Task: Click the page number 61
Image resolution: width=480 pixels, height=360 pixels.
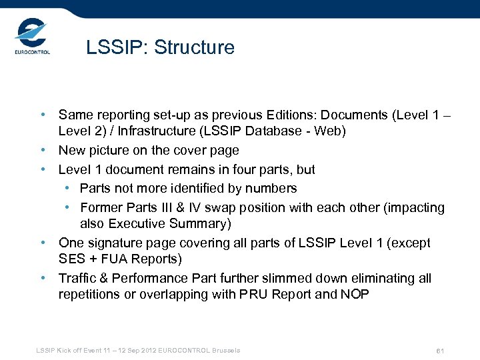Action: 439,351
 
